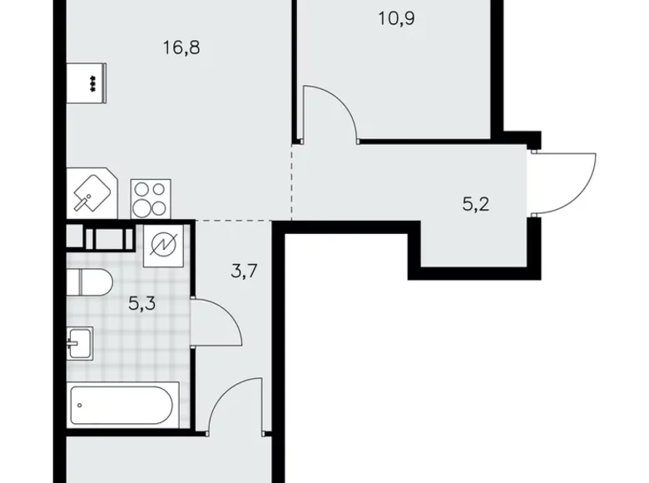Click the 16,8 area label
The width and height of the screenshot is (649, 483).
[182, 47]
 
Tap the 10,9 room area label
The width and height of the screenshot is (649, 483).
[396, 17]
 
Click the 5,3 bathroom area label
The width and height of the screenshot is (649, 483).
[142, 302]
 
